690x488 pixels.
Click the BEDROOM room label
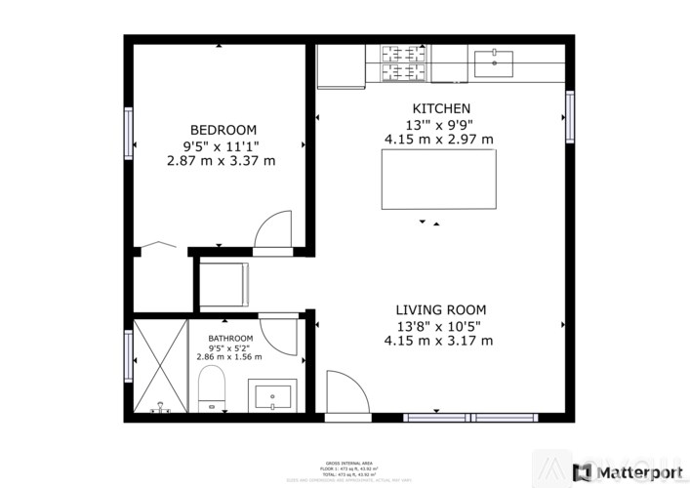(x=223, y=130)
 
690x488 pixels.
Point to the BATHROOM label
(x=230, y=338)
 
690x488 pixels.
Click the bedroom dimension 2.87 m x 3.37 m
(x=223, y=161)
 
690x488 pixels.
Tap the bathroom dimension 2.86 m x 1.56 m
(x=230, y=356)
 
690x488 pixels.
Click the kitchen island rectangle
(x=438, y=179)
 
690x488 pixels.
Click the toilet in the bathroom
(x=211, y=391)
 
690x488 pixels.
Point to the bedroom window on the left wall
(x=128, y=132)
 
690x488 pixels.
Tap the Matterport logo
(x=629, y=472)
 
